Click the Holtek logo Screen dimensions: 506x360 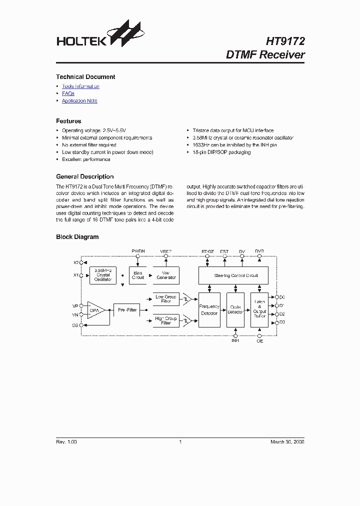99,37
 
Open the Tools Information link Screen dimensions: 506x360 80,86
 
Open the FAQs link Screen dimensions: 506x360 68,93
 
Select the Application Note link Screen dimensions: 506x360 79,101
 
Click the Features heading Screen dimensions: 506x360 68,121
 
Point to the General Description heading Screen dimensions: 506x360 84,176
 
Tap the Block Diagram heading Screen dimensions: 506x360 77,237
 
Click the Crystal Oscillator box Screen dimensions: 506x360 103,275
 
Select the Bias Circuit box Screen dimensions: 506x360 138,275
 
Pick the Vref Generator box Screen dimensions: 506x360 166,275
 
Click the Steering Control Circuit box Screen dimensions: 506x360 233,275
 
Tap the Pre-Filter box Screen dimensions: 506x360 127,310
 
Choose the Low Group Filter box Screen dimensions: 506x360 166,299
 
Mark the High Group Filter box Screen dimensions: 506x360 166,321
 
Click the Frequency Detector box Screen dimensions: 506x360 209,310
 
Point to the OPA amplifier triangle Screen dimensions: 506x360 95,310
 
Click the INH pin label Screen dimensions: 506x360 235,340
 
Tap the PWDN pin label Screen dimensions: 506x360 138,250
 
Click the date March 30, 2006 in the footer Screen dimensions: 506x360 287,442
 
